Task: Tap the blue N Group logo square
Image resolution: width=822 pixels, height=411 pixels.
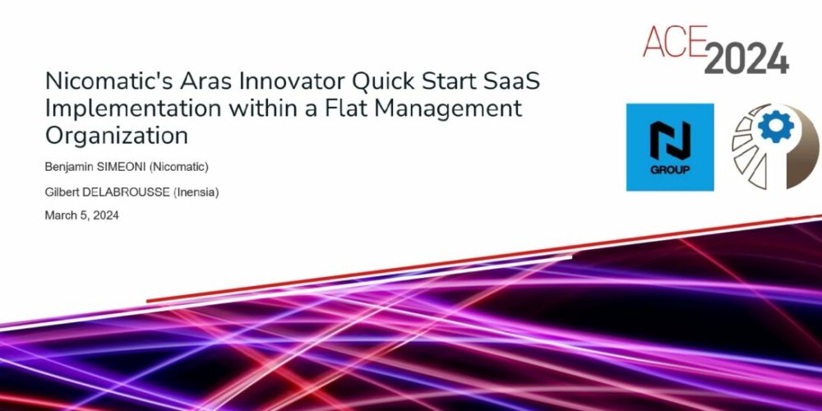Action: click(669, 147)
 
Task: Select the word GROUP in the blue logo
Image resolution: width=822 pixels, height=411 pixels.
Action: click(669, 169)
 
